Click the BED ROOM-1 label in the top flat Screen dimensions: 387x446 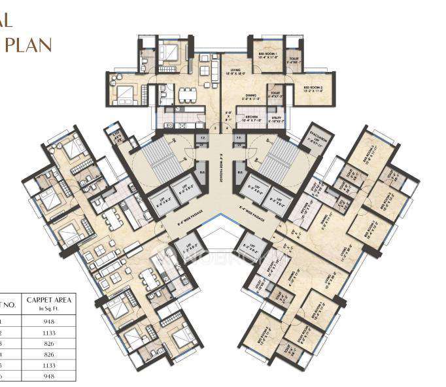pos(267,54)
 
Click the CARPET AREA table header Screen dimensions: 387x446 pos(48,301)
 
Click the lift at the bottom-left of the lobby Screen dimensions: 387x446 pos(182,249)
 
